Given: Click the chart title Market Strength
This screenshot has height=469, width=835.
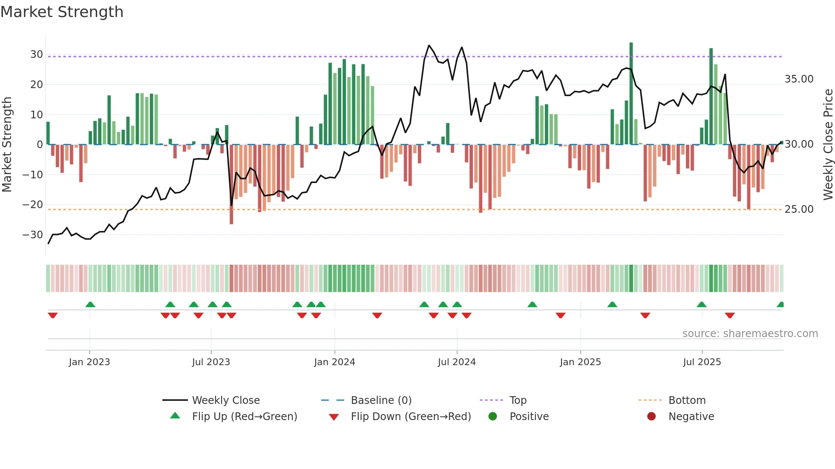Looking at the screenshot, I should point(62,12).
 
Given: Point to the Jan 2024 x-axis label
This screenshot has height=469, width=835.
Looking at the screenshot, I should point(334,362).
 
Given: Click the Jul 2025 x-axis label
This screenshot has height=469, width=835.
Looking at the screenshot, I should point(702,362).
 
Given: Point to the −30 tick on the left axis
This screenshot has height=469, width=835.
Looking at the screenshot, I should point(33,235).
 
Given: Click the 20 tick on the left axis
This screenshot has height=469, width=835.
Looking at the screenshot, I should point(36,85).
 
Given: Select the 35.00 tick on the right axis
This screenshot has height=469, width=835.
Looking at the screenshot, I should point(799,79).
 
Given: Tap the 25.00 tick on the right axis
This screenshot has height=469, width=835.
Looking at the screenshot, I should point(799,209).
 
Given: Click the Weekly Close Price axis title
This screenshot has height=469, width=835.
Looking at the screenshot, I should point(828,144).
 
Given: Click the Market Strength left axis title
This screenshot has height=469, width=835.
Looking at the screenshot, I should point(7,144).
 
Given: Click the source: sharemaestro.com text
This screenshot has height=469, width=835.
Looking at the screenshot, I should point(750,334).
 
